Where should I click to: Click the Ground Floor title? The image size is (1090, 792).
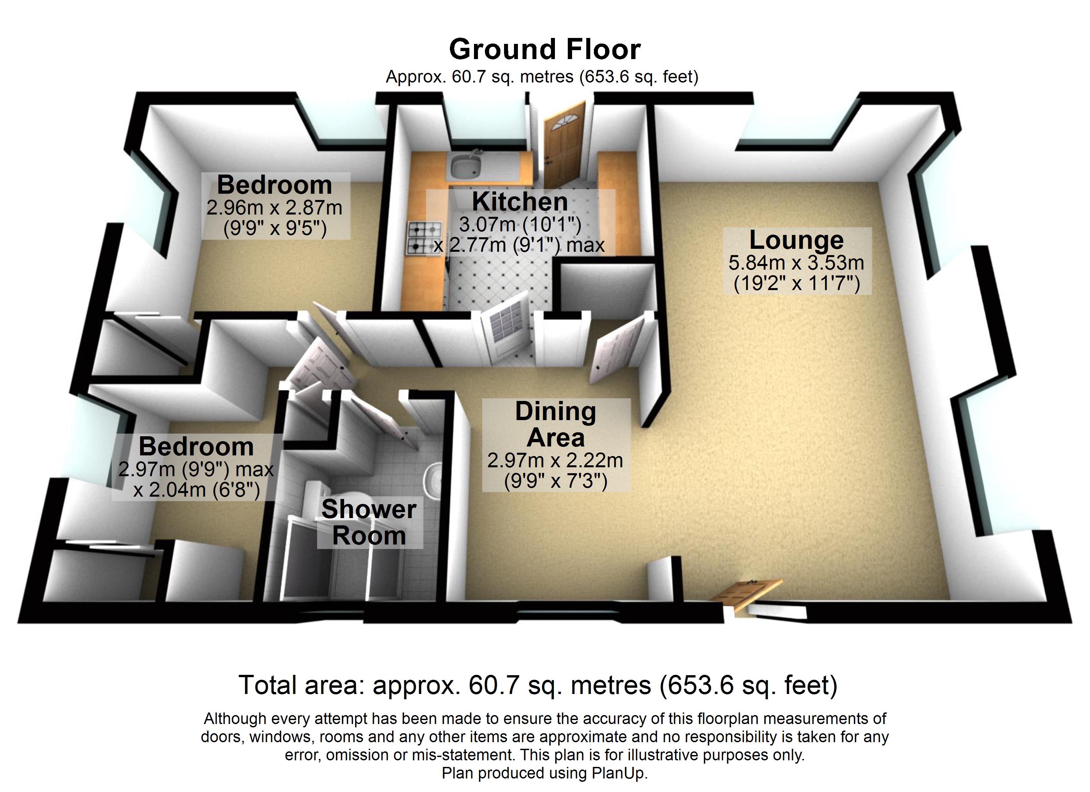[x=545, y=49]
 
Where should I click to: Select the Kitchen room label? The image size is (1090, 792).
[x=520, y=202]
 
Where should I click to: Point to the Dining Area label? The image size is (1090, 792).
[x=556, y=424]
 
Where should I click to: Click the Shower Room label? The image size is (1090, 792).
[x=369, y=523]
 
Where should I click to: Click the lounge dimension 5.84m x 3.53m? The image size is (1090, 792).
[x=796, y=263]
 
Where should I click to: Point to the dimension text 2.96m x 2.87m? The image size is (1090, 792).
[x=274, y=208]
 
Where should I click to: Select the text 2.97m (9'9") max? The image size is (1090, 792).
[x=196, y=469]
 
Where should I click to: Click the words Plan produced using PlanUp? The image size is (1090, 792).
[x=545, y=773]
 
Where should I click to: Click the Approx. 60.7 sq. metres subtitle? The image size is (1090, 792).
[x=542, y=77]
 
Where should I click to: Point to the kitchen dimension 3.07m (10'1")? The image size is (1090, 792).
[x=520, y=224]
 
